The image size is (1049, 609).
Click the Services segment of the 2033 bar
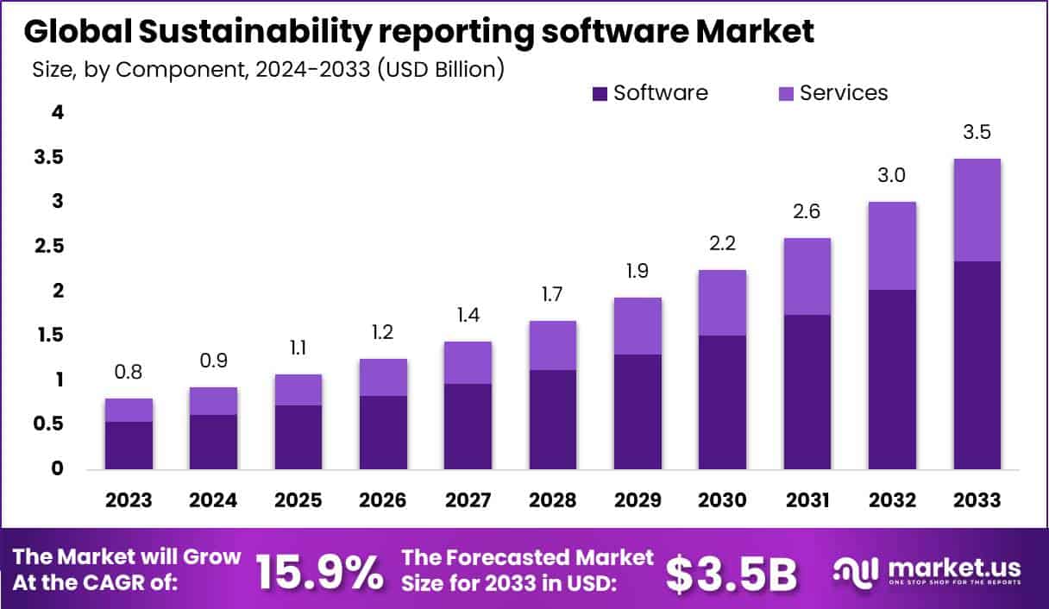click(977, 210)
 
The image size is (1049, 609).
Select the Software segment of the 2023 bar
click(129, 445)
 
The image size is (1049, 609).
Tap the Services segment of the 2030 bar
click(722, 303)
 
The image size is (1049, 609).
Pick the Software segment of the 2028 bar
click(552, 419)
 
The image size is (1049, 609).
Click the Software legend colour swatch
click(600, 93)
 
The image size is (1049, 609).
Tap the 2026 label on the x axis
click(382, 500)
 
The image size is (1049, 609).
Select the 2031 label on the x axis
click(807, 500)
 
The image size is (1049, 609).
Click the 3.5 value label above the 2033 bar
click(977, 133)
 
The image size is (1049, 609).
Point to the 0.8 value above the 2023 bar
click(129, 374)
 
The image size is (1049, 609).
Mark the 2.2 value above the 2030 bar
click(722, 244)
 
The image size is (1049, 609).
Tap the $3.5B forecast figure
click(732, 573)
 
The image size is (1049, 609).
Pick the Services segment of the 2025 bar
click(298, 390)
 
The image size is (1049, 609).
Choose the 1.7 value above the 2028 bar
click(552, 296)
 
